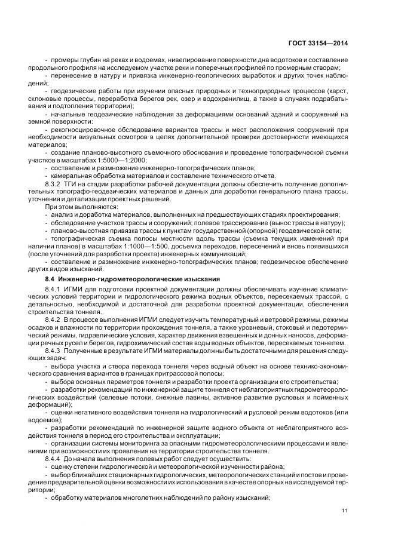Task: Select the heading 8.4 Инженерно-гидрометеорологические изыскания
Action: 133,279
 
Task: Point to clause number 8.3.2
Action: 55,183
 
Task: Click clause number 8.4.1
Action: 55,290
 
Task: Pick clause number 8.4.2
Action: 55,321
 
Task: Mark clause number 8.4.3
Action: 55,352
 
